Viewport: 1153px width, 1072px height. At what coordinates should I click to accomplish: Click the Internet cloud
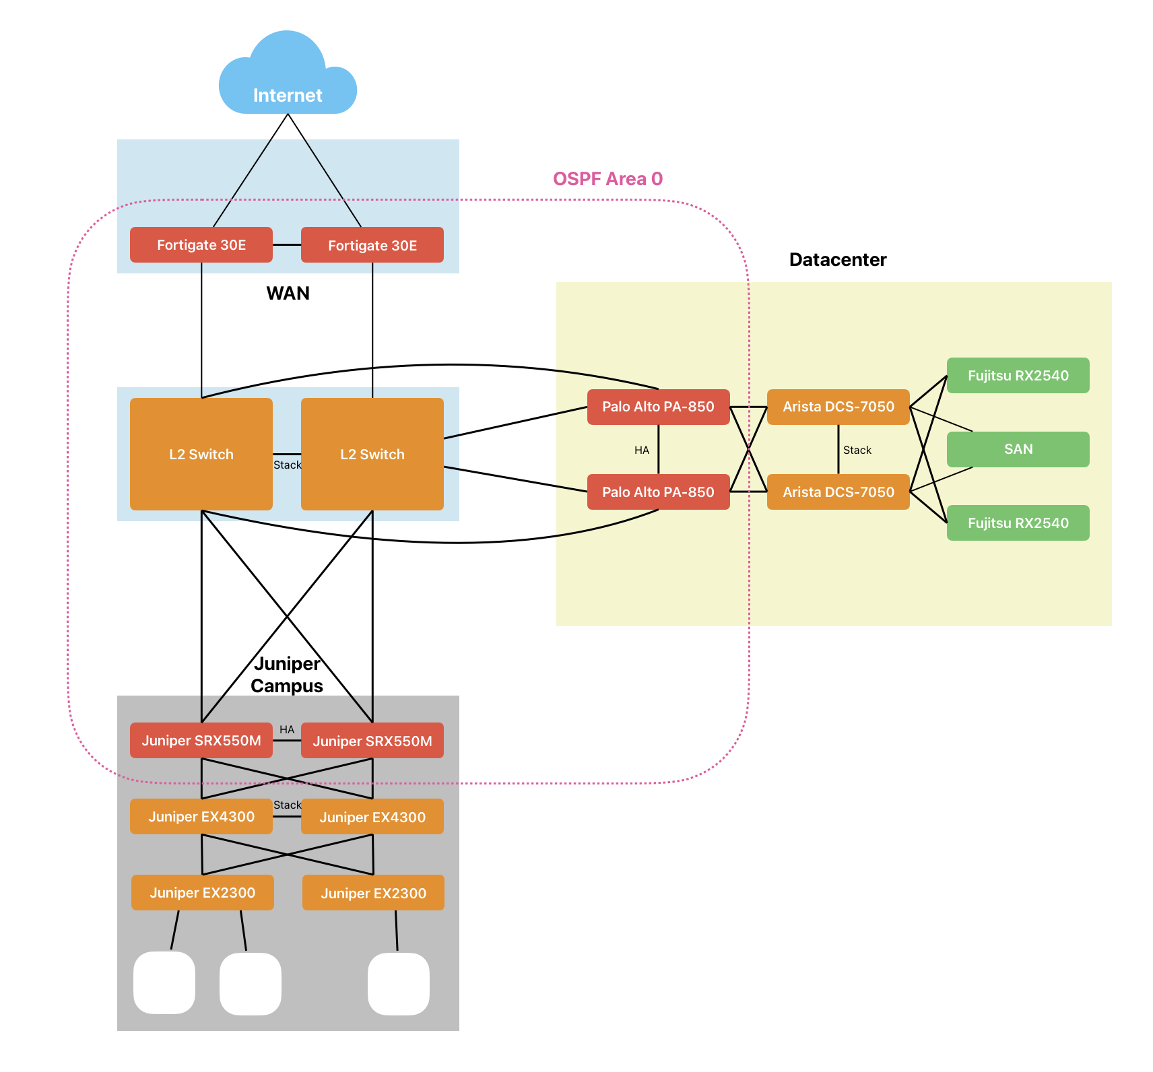point(288,77)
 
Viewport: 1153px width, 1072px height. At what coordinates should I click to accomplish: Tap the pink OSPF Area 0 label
point(607,179)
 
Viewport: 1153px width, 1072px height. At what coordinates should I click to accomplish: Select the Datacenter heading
point(837,260)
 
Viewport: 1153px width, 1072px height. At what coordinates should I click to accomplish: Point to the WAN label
point(288,294)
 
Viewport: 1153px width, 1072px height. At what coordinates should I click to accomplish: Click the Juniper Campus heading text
point(287,675)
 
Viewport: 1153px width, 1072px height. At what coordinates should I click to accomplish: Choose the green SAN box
point(1018,449)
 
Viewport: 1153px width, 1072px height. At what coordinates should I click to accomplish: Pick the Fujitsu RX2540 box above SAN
point(1018,376)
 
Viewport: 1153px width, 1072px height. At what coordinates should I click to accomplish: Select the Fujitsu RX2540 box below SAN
point(1018,523)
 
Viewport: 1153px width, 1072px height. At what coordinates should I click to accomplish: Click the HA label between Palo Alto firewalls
point(642,450)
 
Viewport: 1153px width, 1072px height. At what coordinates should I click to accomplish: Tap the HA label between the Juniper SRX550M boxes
point(287,730)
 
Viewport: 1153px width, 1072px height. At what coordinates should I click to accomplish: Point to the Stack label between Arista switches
point(857,450)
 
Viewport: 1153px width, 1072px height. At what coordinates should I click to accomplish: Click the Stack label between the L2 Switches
point(287,465)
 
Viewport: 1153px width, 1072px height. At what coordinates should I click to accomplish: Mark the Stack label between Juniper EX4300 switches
point(287,805)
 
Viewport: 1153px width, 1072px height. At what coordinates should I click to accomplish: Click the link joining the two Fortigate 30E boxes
point(287,245)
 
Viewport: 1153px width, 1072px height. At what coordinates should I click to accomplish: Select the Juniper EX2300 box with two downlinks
point(202,893)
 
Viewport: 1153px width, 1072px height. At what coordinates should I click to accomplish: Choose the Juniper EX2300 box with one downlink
point(373,894)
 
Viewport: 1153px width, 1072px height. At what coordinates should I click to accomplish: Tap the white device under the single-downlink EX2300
point(398,984)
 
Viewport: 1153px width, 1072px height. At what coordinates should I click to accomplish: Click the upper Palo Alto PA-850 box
point(658,407)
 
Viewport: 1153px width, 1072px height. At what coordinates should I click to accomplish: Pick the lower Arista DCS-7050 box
point(838,492)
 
